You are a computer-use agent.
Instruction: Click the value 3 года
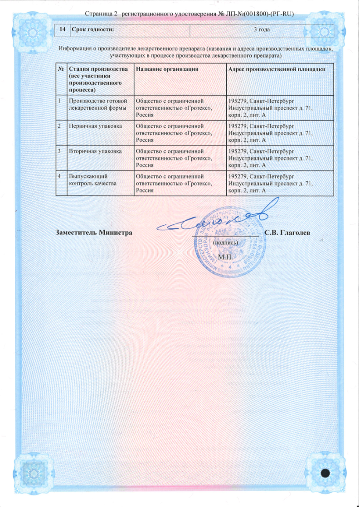[261, 30]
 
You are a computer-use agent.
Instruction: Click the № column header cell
[60, 68]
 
